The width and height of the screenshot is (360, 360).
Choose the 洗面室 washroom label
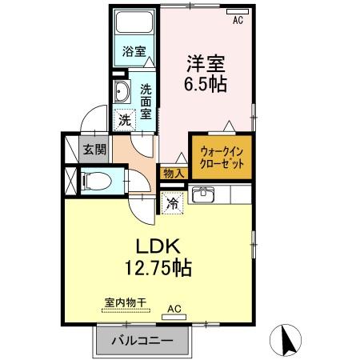(146, 101)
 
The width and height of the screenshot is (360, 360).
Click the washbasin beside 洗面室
(122, 90)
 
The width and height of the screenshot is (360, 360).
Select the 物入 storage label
(174, 173)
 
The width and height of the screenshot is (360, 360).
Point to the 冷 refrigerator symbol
(172, 202)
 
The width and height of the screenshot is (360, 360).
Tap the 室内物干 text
(125, 302)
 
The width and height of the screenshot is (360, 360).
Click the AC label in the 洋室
(237, 22)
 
